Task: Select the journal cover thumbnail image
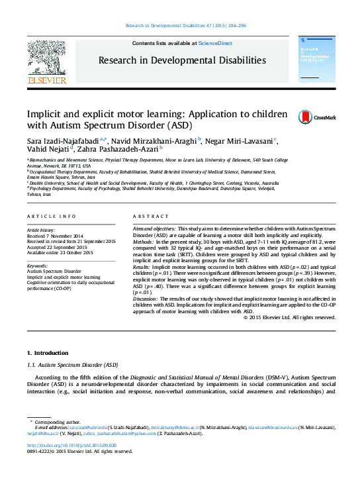tap(314, 61)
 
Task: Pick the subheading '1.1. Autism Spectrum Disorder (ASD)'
tap(72, 365)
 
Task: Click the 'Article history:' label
tap(42, 228)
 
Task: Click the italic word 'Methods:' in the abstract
tap(145, 243)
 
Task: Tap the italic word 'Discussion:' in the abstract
tap(148, 299)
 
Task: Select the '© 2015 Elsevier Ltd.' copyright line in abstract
tap(290, 317)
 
